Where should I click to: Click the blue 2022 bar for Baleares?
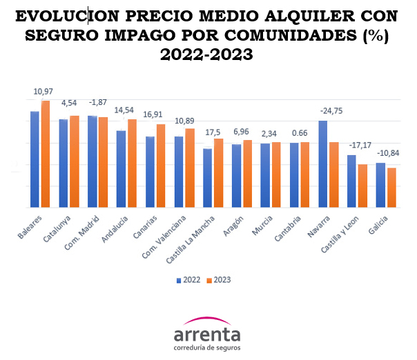(35, 159)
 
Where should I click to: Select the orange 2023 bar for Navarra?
(333, 174)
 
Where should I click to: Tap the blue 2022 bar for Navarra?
(322, 164)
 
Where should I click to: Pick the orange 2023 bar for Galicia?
(391, 187)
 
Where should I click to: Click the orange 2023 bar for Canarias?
(160, 166)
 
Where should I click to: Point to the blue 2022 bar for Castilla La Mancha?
(207, 177)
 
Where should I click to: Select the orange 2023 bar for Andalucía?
(132, 163)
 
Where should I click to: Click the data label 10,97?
(43, 92)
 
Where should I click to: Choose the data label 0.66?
(299, 132)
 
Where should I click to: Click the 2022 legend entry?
(189, 280)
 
